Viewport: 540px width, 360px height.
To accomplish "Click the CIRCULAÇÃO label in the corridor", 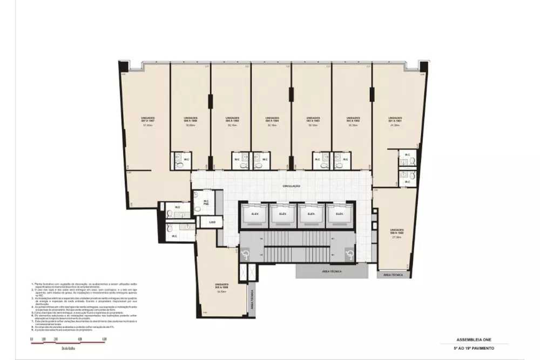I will point(291,186).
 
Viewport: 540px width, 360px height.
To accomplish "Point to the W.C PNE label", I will point(206,203).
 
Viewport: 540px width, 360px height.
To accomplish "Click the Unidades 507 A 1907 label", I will point(148,119).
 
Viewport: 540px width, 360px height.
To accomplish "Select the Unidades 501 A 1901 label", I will point(396,119).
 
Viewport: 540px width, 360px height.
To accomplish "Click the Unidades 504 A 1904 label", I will point(272,119).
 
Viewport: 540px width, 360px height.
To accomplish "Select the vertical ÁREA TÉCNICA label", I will point(252,299).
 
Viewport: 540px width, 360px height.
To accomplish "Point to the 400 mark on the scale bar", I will point(80,339).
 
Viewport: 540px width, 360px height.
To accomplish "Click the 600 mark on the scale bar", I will point(104,339).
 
